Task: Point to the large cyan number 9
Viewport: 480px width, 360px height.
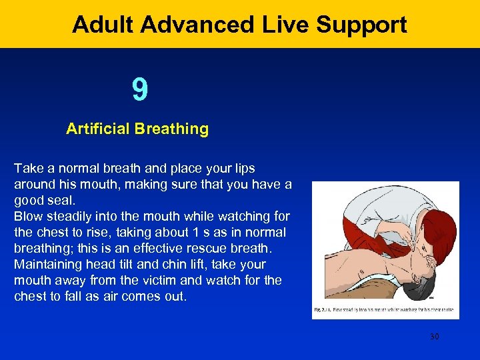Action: coord(139,90)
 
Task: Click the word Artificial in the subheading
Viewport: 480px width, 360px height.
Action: coord(98,129)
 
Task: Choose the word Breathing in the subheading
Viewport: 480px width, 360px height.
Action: coord(172,129)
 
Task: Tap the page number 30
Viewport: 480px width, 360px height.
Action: coord(434,337)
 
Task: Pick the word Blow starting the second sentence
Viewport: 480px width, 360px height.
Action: coord(27,216)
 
